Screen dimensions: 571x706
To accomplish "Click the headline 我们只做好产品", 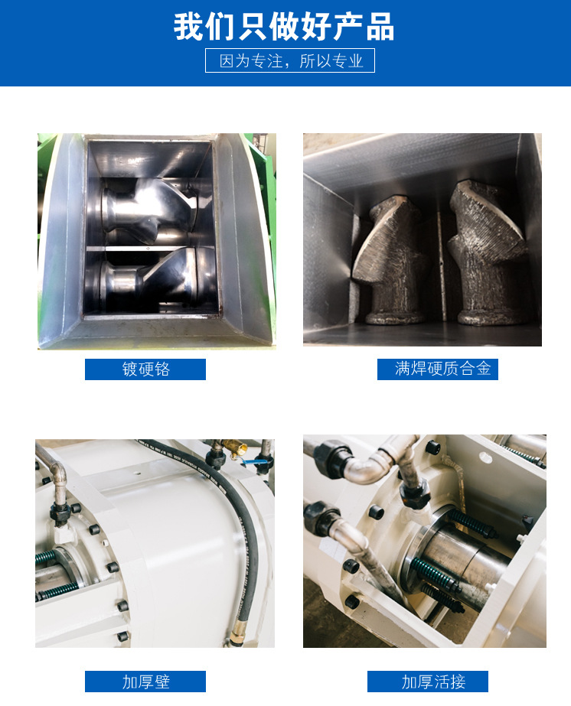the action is coord(284,27).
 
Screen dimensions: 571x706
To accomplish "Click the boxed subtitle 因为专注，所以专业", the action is coord(290,60).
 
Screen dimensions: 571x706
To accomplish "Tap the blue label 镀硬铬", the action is coord(145,369).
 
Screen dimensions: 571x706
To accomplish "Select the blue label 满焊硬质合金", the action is coord(438,369).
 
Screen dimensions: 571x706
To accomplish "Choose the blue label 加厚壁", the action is coord(145,682).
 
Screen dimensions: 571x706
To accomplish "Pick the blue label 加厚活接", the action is coord(428,682).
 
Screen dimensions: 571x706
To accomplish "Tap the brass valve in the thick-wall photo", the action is coord(237,449).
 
